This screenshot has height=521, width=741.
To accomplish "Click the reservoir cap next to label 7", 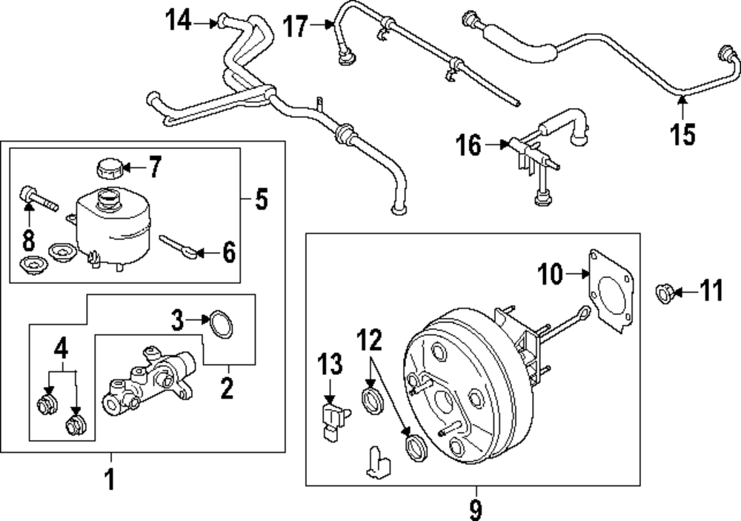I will (x=108, y=168).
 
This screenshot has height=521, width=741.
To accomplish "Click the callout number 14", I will (x=177, y=24).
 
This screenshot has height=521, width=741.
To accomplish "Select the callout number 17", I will (x=295, y=28).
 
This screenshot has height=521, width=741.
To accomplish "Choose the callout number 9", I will (x=475, y=509).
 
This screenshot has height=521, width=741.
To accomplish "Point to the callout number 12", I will (x=370, y=341).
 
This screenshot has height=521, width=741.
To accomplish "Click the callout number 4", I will (x=61, y=347).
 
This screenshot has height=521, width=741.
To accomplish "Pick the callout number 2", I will (x=227, y=385).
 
